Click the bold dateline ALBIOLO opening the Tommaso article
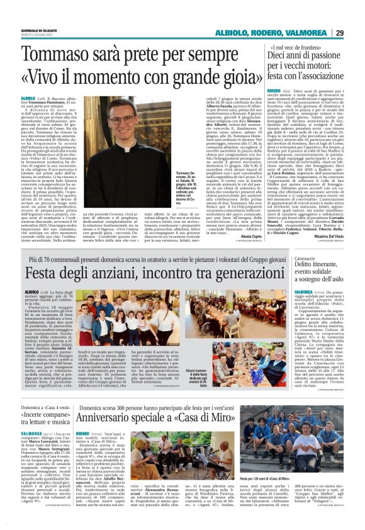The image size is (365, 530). pyautogui.click(x=29, y=99)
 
